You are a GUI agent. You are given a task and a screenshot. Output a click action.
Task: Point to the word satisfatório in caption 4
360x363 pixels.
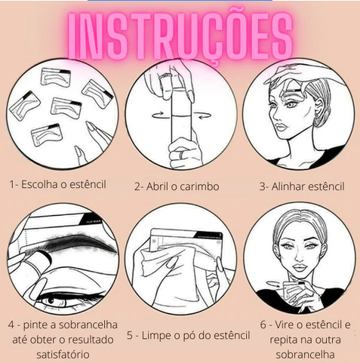(63, 355)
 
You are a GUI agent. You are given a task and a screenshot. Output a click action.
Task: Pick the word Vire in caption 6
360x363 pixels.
(285, 325)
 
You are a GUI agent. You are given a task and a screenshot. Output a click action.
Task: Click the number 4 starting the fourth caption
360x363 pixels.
(11, 325)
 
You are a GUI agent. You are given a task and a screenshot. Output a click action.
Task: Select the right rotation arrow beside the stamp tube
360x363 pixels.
(202, 115)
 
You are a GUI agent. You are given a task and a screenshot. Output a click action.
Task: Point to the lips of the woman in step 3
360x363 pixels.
(281, 128)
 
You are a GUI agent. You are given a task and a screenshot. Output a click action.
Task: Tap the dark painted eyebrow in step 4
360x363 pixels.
(75, 243)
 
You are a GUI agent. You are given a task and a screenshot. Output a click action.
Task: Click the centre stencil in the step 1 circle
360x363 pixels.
(66, 106)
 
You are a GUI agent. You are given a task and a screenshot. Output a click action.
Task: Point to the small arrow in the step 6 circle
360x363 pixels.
(273, 284)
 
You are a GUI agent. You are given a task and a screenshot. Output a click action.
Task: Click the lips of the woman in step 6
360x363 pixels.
(299, 268)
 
